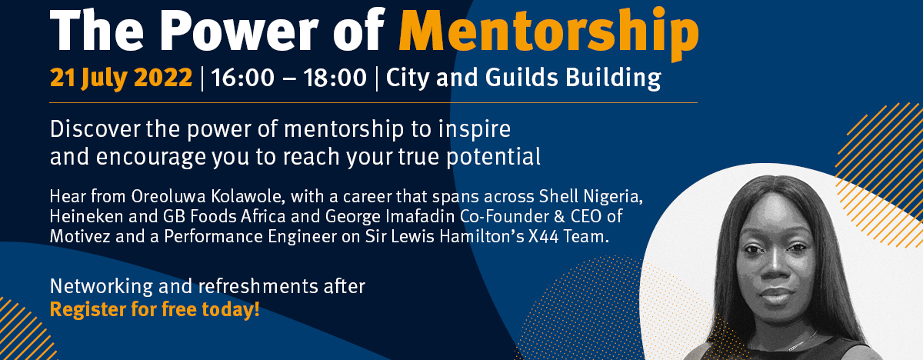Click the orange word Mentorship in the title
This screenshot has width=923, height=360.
549,32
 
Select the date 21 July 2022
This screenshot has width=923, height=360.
122,78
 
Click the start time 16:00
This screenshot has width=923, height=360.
243,78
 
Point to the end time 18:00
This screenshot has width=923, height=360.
335,78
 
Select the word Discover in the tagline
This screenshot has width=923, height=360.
95,129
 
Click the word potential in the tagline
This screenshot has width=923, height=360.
494,157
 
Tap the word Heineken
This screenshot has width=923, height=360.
86,216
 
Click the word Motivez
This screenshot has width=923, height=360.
80,236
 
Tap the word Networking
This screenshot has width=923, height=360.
101,287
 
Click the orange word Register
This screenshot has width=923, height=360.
88,310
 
